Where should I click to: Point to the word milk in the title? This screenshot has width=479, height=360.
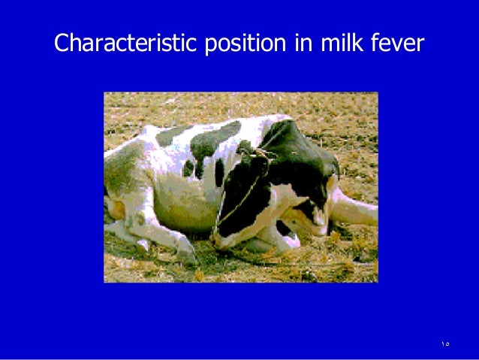coord(336,44)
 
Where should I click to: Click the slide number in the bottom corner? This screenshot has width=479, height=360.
coord(445,343)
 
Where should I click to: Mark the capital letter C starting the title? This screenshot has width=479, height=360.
coord(62,44)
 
